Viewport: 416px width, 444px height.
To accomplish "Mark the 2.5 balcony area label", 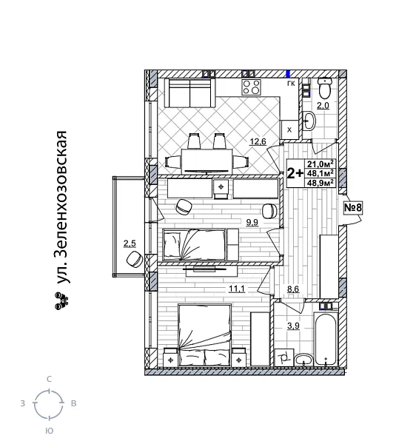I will [x=130, y=243].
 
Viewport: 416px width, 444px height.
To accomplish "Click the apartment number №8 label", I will [x=353, y=208].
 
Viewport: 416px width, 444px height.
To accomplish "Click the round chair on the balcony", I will [x=134, y=260].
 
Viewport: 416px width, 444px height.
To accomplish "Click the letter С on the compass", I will [x=49, y=379].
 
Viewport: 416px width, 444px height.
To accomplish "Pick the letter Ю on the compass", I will [x=49, y=430].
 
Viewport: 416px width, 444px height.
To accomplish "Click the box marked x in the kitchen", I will [x=289, y=129].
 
